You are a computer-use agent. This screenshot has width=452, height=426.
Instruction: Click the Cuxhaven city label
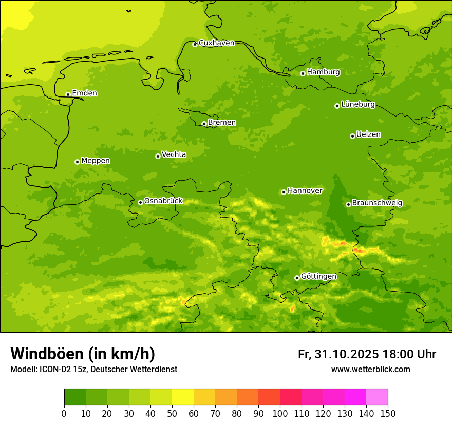point(216,43)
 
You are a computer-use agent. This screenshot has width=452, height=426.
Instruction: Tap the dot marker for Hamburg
point(303,73)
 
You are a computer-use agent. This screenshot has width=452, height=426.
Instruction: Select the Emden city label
point(84,93)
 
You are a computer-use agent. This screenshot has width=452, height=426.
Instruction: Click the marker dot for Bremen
point(204,124)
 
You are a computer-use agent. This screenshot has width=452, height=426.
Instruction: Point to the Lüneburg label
point(357,104)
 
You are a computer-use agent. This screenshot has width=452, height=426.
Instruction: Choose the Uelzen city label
point(368,134)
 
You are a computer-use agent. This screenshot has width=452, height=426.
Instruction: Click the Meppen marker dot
point(78,162)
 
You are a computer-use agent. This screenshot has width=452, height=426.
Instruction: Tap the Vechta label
point(174,154)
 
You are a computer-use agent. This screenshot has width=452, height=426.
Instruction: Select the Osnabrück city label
point(163,201)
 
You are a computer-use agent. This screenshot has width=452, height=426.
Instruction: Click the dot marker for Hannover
point(284,192)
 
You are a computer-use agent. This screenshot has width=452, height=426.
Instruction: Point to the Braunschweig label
point(377,203)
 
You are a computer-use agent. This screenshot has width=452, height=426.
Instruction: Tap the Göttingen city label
point(318,276)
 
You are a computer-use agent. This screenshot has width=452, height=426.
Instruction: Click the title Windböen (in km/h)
point(83,354)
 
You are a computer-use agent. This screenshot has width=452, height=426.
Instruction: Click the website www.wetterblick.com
point(370,370)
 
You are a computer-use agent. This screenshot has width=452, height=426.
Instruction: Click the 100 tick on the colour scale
point(280,413)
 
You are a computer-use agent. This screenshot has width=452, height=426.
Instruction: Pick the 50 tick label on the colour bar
point(172,413)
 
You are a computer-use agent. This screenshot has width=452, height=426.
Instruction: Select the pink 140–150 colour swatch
point(377,397)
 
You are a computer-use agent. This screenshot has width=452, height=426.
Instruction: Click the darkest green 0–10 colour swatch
point(75,397)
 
